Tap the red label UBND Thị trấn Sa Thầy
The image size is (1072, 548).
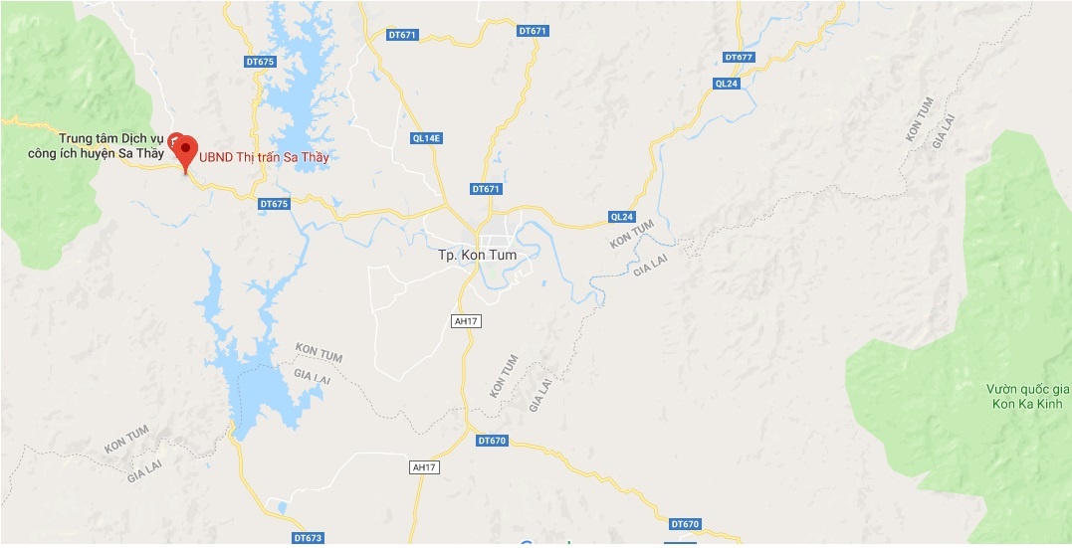[264, 157]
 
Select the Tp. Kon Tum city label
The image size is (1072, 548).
[478, 256]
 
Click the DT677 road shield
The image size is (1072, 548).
[740, 57]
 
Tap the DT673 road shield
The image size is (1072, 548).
[310, 538]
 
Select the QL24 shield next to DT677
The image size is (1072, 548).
[727, 84]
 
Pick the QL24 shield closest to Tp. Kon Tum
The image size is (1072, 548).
[621, 216]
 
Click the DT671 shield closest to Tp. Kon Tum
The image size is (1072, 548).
[486, 189]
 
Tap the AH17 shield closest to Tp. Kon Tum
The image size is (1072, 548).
[465, 321]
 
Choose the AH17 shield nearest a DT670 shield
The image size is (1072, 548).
[424, 466]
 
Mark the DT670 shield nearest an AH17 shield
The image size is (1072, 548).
[493, 441]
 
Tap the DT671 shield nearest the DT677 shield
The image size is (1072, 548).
[534, 31]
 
